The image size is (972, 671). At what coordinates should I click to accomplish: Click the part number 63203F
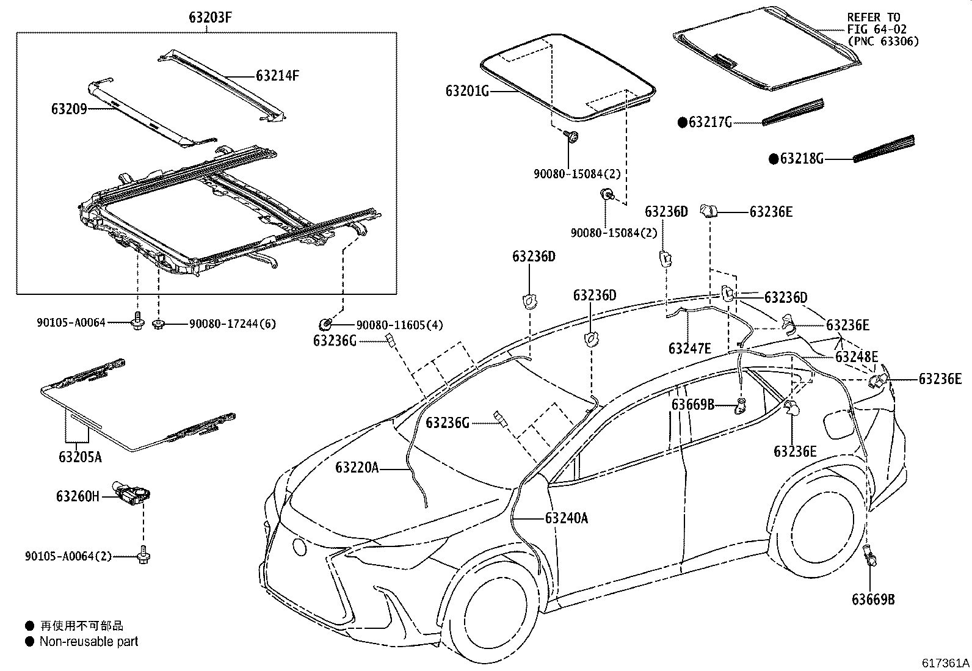pyautogui.click(x=210, y=18)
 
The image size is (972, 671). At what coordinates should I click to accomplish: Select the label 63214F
pyautogui.click(x=277, y=76)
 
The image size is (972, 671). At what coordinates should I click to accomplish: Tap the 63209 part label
pyautogui.click(x=68, y=109)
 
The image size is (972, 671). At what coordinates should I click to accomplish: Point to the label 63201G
pyautogui.click(x=468, y=92)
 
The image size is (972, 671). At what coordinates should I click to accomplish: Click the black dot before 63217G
pyautogui.click(x=683, y=123)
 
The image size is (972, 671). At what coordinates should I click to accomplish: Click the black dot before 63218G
pyautogui.click(x=774, y=159)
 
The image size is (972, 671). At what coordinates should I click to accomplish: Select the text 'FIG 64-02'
pyautogui.click(x=877, y=29)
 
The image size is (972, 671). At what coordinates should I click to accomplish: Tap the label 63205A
pyautogui.click(x=80, y=456)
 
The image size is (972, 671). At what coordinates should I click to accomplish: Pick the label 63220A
pyautogui.click(x=357, y=468)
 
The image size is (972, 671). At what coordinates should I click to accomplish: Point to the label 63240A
pyautogui.click(x=567, y=518)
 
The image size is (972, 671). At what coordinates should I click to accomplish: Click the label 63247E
pyautogui.click(x=690, y=349)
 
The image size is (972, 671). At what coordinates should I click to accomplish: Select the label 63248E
pyautogui.click(x=857, y=357)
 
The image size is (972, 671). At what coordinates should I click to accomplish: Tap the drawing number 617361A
pyautogui.click(x=946, y=663)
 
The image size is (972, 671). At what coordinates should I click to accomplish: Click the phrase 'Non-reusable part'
pyautogui.click(x=89, y=642)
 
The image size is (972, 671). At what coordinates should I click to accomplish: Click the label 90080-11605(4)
pyautogui.click(x=400, y=325)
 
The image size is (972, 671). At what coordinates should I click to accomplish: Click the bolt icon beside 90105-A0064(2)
pyautogui.click(x=145, y=554)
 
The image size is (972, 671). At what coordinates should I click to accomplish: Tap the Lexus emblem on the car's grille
pyautogui.click(x=300, y=546)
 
